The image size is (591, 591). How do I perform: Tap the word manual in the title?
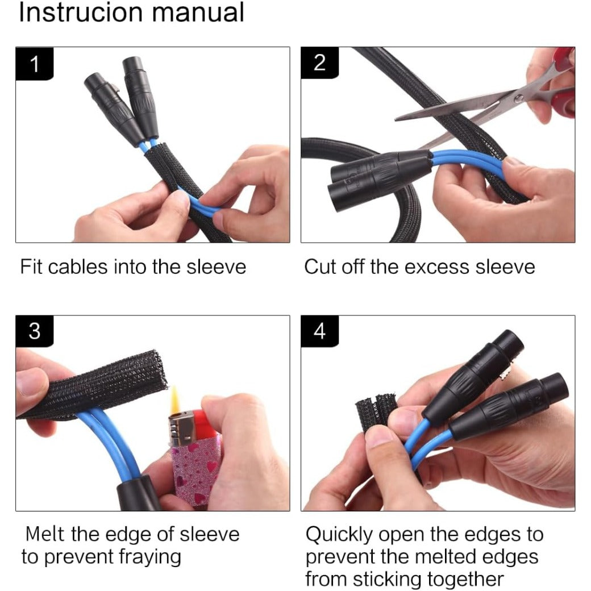(198, 12)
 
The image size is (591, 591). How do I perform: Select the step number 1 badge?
(34, 64)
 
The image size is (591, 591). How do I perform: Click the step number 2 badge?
(319, 63)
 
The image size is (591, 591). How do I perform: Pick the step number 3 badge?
(34, 331)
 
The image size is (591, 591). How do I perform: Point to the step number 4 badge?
(319, 331)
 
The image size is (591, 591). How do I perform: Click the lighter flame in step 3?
(175, 400)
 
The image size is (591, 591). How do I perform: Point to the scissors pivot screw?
(519, 99)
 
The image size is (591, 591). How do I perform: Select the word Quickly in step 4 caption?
(339, 535)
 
